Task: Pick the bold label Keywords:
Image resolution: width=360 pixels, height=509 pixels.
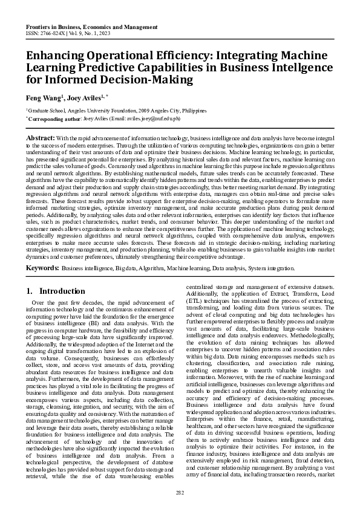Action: click(42, 284)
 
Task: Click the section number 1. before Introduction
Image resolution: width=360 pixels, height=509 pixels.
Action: click(30, 308)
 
